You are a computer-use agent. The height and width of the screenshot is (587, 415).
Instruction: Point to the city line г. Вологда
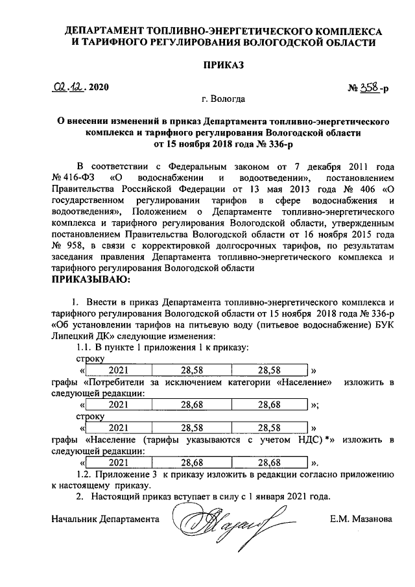coord(223,99)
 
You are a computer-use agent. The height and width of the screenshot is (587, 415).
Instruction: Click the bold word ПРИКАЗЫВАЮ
coord(90,280)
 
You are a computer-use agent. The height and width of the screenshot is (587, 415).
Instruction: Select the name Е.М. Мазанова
coord(361,519)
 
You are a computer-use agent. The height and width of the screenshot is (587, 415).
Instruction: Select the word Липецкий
coord(74,337)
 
